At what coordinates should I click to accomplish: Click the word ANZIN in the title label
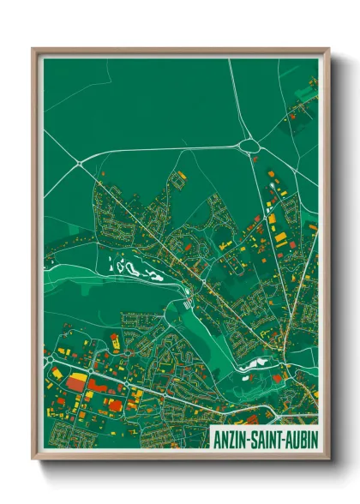click(232, 437)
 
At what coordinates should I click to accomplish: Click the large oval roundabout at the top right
click(249, 146)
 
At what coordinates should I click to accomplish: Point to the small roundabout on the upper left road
click(79, 162)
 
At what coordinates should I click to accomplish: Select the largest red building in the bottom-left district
click(75, 385)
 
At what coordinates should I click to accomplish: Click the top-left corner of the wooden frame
click(33, 49)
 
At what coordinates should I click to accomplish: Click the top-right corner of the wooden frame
click(328, 49)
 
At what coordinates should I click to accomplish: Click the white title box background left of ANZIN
click(213, 437)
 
